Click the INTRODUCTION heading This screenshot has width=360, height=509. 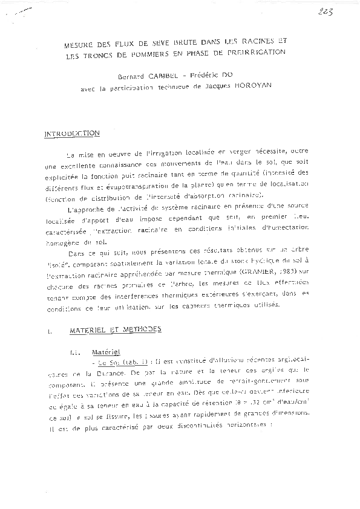pos(71,134)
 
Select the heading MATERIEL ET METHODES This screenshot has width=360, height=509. pos(115,329)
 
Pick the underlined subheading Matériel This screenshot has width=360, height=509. pos(106,351)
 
